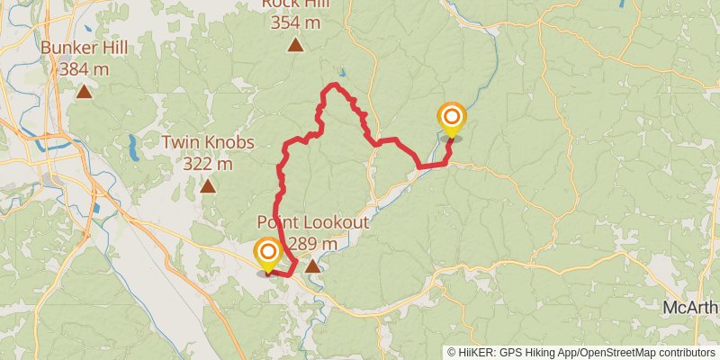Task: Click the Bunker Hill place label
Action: click(x=84, y=47)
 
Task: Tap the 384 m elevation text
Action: click(x=84, y=67)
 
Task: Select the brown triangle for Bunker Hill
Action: click(x=84, y=91)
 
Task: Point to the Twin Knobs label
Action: click(x=208, y=142)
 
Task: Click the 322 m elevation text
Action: click(x=208, y=164)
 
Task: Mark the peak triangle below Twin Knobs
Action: click(x=208, y=186)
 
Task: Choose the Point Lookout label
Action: click(x=312, y=222)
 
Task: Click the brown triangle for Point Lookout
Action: click(x=312, y=266)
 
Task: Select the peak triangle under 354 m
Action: click(x=294, y=45)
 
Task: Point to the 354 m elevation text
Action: click(x=294, y=22)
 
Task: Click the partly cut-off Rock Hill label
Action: click(x=294, y=4)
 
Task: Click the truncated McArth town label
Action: click(x=690, y=308)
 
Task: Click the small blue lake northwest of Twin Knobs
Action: click(x=132, y=144)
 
